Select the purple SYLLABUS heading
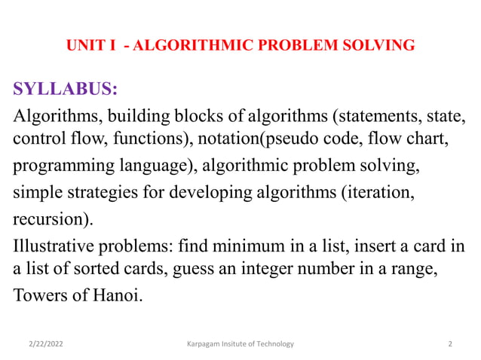click(65, 90)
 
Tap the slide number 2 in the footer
click(449, 344)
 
